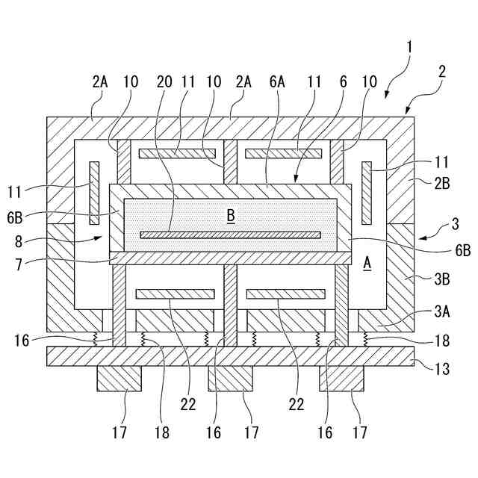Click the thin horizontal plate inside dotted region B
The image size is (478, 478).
click(231, 235)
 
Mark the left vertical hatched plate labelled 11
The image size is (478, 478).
click(93, 193)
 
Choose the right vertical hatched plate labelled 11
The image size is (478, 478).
click(367, 193)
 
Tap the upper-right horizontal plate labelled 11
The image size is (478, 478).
click(284, 154)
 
